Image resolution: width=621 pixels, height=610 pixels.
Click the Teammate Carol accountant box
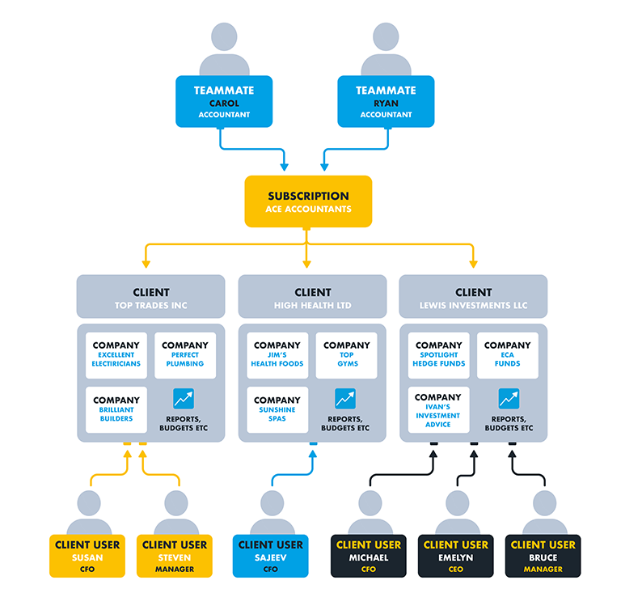(224, 101)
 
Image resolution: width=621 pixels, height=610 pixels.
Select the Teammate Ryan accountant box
(386, 101)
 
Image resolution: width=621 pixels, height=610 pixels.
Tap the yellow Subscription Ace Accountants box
(308, 201)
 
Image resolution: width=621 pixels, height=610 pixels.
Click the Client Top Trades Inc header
(151, 296)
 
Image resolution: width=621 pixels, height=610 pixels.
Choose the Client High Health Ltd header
(312, 296)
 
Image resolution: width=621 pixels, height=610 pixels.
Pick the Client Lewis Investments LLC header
(473, 296)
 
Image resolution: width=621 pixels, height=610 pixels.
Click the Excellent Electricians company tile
(116, 355)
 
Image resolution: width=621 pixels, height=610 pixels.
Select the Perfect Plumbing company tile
(185, 355)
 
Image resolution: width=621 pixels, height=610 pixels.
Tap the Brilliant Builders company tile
(116, 410)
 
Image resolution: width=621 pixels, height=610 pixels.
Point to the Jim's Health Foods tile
(277, 355)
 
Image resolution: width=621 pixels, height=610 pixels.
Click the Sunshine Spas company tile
(277, 410)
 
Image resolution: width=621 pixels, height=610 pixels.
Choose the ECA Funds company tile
(507, 355)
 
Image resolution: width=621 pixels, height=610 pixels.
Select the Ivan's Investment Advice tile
(438, 410)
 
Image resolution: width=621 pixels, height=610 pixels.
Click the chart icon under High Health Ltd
(345, 399)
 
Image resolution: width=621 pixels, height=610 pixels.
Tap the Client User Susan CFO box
(87, 556)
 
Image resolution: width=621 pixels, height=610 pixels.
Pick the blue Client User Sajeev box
(271, 556)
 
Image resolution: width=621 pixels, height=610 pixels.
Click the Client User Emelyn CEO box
(455, 556)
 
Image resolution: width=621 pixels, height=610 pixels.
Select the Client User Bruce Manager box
(543, 556)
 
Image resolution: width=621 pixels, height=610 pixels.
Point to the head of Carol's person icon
(224, 36)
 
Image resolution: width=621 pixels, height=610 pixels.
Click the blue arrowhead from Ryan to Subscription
(324, 167)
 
